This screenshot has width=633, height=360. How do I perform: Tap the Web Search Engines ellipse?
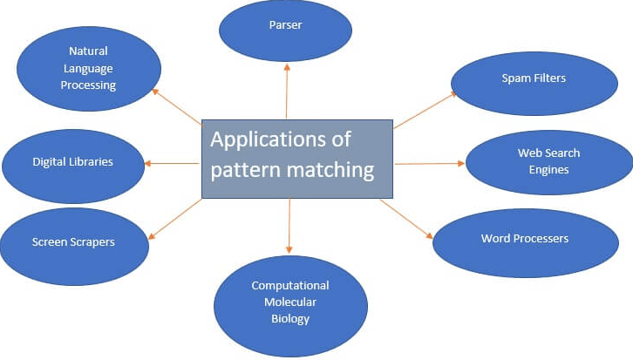(548, 162)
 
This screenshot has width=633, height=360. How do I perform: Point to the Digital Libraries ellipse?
(72, 163)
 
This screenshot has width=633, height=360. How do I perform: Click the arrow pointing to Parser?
(287, 92)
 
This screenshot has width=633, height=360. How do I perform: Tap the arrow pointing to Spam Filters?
(425, 110)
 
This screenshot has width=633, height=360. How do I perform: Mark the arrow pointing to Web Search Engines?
(430, 163)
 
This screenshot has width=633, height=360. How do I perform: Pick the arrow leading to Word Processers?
(406, 218)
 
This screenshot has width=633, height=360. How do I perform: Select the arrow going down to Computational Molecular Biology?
(289, 227)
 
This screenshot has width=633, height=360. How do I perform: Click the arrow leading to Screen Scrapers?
(175, 217)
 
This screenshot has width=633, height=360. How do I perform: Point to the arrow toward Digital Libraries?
(172, 163)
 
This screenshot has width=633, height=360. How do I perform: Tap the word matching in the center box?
(330, 168)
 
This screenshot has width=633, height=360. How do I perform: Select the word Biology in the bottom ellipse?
(289, 319)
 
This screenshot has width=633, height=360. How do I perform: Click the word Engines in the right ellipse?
(548, 170)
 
